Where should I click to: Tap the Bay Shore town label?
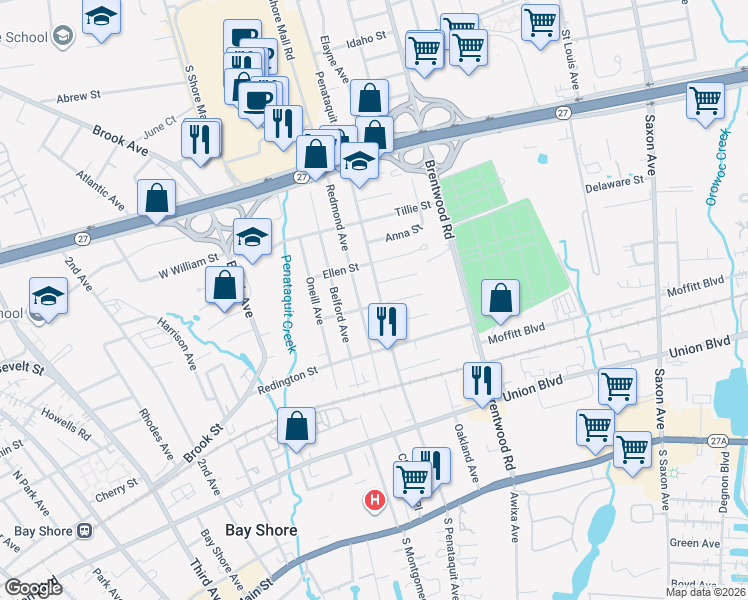point(261,530)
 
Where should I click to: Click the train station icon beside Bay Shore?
point(85,530)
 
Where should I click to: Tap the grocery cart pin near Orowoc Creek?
point(706,101)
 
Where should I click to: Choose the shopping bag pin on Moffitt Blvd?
point(500,298)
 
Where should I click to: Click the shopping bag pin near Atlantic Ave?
point(157,198)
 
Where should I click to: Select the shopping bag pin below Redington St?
point(297,426)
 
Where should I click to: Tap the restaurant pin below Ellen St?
point(386,322)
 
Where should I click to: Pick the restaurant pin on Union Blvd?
point(482,380)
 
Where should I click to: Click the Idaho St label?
point(366,37)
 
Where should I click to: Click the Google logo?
point(33,588)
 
